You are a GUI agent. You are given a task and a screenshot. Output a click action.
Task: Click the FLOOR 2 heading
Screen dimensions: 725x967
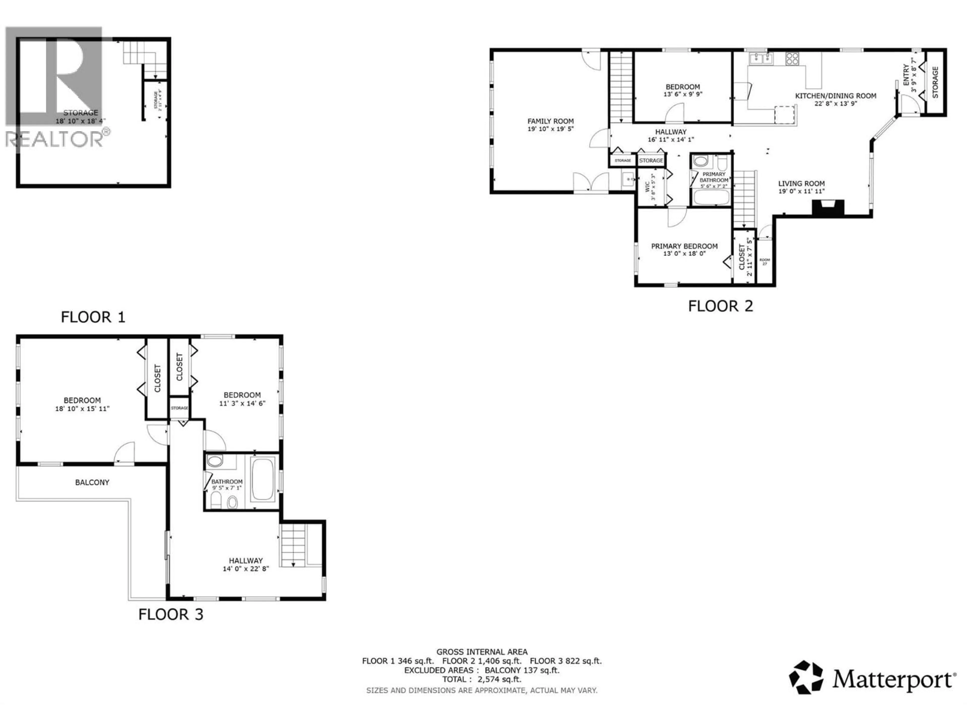pos(720,306)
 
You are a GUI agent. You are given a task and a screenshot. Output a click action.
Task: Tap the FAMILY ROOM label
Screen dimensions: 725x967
pos(550,121)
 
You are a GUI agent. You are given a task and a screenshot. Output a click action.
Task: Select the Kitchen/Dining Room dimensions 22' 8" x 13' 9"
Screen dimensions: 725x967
pos(835,103)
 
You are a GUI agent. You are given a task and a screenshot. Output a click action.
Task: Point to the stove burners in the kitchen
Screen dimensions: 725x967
pos(792,59)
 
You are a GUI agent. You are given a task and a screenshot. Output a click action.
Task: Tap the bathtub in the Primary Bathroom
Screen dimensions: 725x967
pos(711,197)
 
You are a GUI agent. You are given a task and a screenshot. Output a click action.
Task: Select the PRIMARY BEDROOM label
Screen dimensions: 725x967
pos(684,246)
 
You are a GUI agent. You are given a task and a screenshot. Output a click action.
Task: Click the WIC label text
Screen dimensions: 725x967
pos(647,187)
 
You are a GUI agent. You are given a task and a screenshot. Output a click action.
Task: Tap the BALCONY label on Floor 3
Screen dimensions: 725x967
pos(92,483)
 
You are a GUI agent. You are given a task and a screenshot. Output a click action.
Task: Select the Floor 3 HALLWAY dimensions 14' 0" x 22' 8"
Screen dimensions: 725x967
pos(246,569)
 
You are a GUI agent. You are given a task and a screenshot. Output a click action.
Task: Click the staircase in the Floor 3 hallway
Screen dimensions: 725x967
pos(293,546)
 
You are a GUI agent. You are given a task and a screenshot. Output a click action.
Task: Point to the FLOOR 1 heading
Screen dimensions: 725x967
pos(93,317)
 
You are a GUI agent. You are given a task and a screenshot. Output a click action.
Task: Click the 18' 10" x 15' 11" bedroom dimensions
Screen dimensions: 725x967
pos(82,409)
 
